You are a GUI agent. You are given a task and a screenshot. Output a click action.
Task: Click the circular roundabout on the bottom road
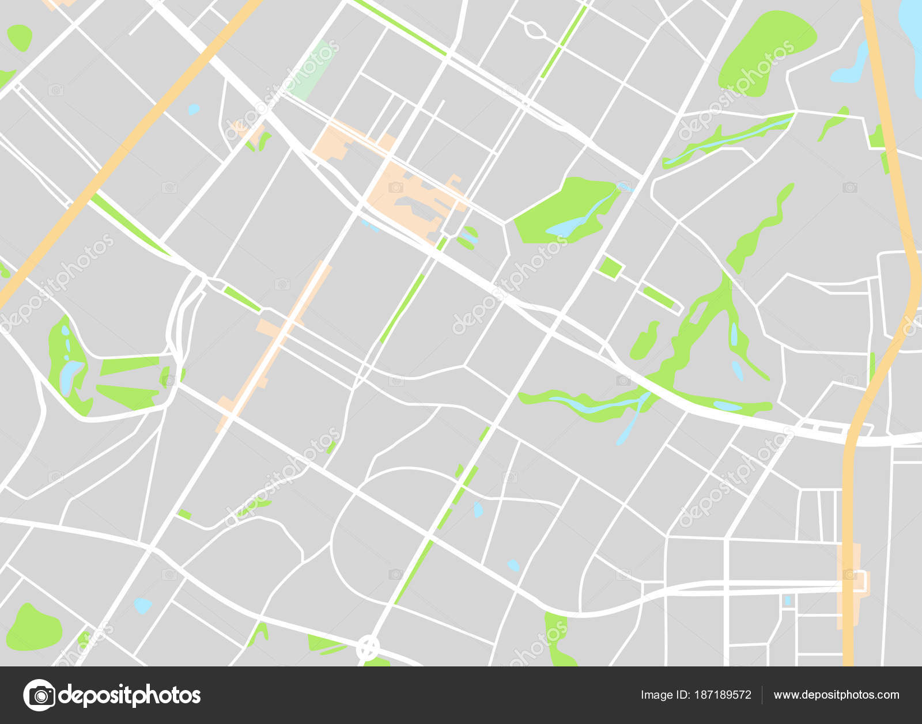click(x=368, y=648)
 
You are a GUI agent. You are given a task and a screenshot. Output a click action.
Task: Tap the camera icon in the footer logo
click(x=39, y=695)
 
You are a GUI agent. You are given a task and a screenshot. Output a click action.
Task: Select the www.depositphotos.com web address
click(x=836, y=695)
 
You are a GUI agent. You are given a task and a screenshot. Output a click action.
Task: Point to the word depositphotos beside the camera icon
click(x=129, y=695)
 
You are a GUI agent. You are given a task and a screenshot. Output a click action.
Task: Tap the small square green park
click(x=610, y=268)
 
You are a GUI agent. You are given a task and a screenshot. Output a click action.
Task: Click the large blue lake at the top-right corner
click(x=913, y=35)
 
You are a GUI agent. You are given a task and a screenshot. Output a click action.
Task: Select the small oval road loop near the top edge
click(x=534, y=29)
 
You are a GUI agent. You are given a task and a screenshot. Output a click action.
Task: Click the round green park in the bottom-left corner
click(x=33, y=628)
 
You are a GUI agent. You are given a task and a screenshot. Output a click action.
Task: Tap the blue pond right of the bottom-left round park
click(x=142, y=605)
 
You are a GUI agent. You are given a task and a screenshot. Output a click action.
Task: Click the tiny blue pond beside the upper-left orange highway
click(x=194, y=109)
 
